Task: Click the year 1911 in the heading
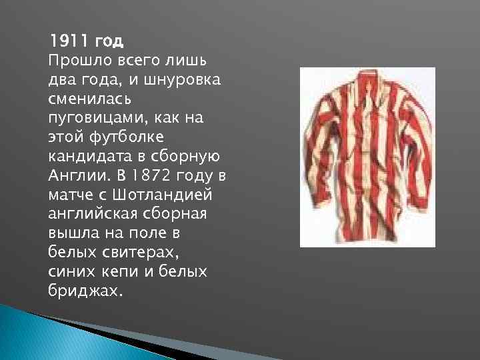pyautogui.click(x=69, y=41)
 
